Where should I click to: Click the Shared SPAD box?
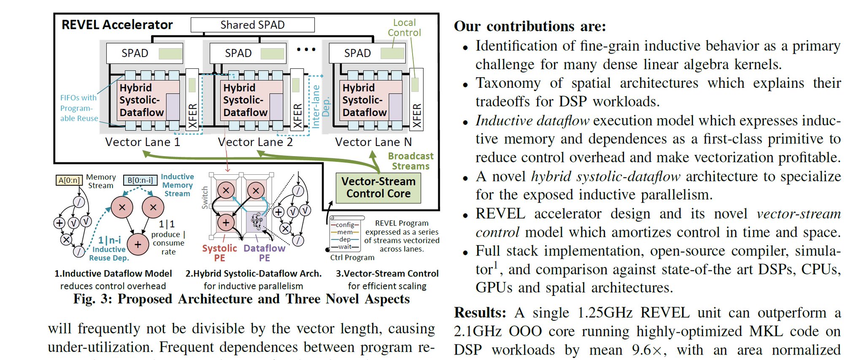pyautogui.click(x=252, y=25)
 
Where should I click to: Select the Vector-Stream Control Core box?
pyautogui.click(x=378, y=187)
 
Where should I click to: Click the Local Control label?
pyautogui.click(x=404, y=27)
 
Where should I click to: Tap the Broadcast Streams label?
pyautogui.click(x=410, y=161)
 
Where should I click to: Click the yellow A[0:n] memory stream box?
pyautogui.click(x=69, y=180)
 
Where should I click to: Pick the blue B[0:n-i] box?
pyautogui.click(x=140, y=180)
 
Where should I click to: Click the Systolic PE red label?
pyautogui.click(x=219, y=253)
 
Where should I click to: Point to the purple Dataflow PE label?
pyautogui.click(x=264, y=253)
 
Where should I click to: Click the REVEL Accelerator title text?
pyautogui.click(x=117, y=25)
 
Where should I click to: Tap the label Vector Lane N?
pyautogui.click(x=373, y=142)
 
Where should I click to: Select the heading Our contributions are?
pyautogui.click(x=530, y=26)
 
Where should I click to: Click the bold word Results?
pyautogui.click(x=480, y=313)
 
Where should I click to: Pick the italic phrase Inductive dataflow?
pyautogui.click(x=532, y=121)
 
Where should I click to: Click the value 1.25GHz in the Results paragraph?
pyautogui.click(x=605, y=313)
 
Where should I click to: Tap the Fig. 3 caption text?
pyautogui.click(x=241, y=299)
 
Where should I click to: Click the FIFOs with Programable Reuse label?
pyautogui.click(x=79, y=108)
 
